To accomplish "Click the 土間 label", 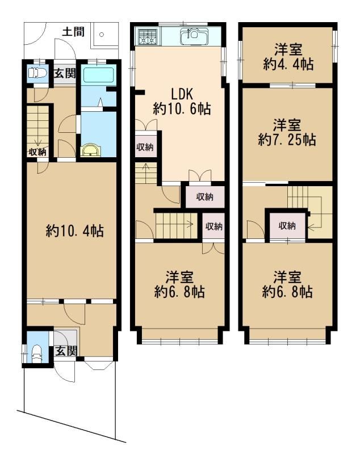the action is click(x=73, y=32).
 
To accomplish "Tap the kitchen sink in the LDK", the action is click(x=194, y=36).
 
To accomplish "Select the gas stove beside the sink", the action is click(x=148, y=37).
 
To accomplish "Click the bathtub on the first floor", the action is click(x=98, y=75).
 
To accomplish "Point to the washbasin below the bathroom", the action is click(x=91, y=150).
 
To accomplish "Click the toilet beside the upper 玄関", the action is click(x=37, y=73).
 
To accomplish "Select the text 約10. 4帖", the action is click(x=75, y=231).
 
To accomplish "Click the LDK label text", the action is click(x=182, y=94).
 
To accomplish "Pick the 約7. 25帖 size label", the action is click(x=287, y=140).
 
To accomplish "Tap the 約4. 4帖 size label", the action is click(x=288, y=64).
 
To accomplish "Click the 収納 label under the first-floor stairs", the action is click(x=37, y=152).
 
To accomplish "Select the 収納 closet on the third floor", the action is click(x=287, y=225).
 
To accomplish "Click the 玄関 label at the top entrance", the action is click(x=65, y=73).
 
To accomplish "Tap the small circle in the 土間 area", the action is click(x=102, y=35).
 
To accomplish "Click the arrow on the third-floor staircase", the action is click(x=315, y=212).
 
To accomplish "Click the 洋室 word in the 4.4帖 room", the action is click(x=288, y=49).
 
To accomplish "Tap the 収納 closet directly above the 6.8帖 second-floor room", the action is click(x=214, y=226).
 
